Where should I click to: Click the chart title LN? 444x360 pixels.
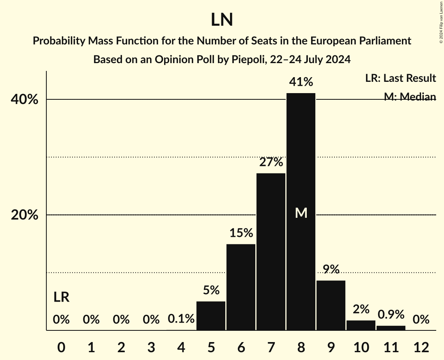click(222, 20)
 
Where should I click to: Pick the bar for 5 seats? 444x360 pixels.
click(211, 316)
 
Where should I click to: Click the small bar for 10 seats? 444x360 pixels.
click(361, 325)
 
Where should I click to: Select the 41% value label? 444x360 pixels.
click(301, 82)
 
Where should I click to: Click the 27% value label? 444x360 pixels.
click(271, 162)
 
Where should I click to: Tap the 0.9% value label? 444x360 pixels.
click(391, 314)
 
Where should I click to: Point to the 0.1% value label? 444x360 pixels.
click(181, 319)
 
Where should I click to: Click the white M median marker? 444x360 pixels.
click(301, 213)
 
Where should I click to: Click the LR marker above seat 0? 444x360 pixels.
click(61, 298)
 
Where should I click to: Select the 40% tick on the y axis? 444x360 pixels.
click(25, 100)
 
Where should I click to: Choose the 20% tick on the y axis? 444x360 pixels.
click(25, 215)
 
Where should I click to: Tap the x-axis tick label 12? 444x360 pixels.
click(421, 347)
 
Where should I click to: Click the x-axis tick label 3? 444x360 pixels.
click(151, 347)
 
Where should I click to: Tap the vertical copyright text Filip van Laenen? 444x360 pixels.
click(440, 21)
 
